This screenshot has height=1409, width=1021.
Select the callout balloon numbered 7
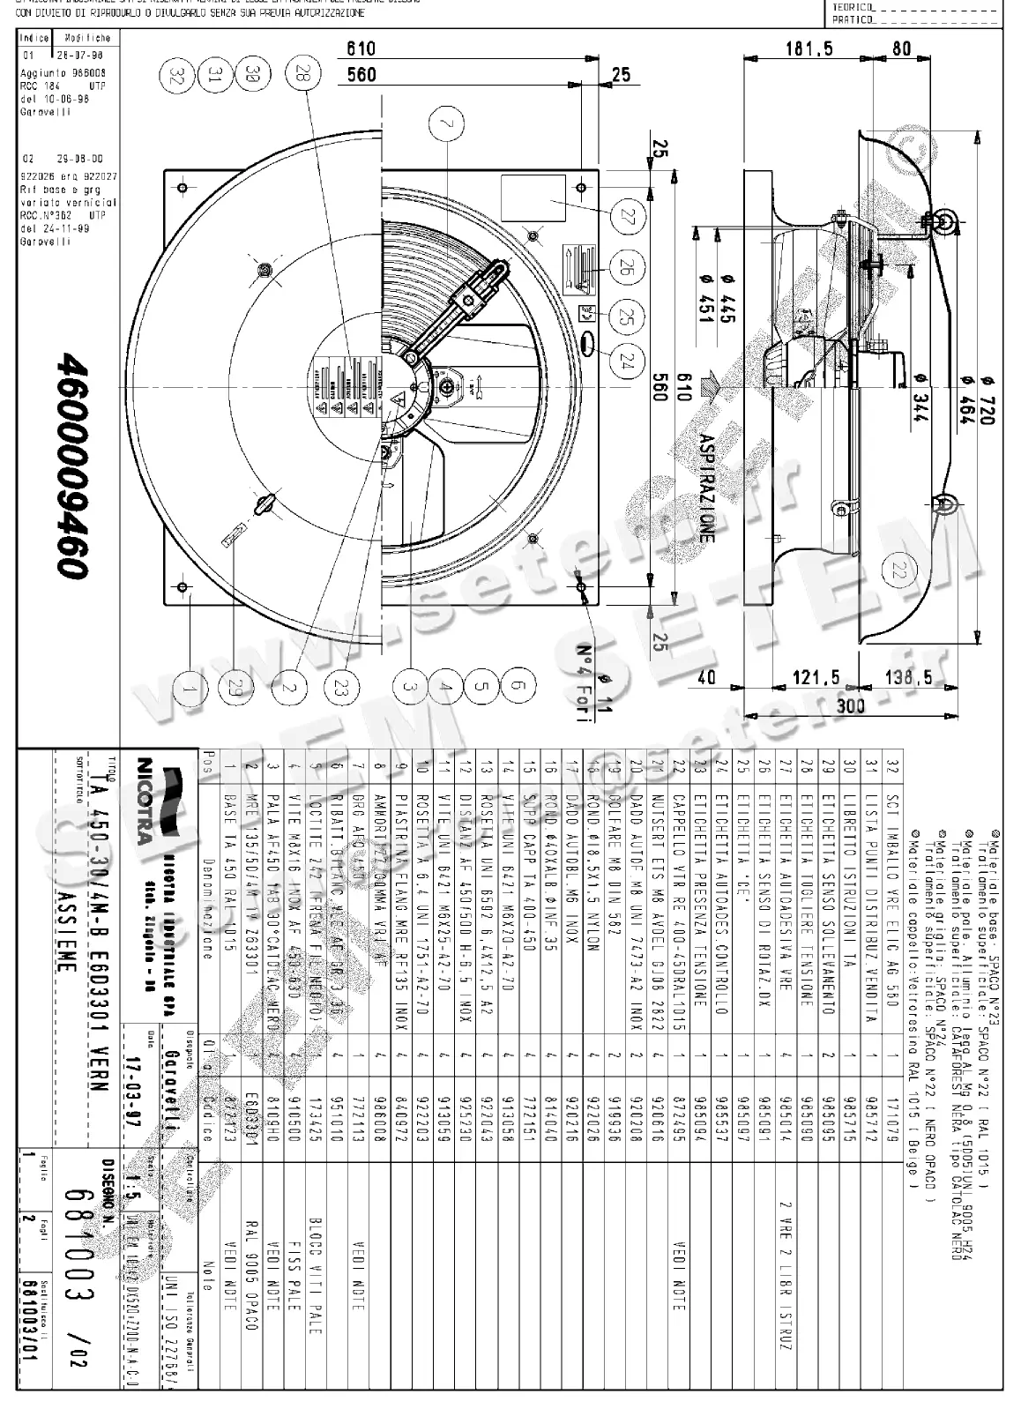click(449, 126)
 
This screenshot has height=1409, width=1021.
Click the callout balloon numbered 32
click(176, 75)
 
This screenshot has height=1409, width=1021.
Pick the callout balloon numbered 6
click(518, 685)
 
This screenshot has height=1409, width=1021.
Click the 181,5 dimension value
click(809, 49)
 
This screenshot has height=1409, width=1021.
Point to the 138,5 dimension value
click(908, 677)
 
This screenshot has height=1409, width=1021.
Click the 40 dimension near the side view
click(706, 677)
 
